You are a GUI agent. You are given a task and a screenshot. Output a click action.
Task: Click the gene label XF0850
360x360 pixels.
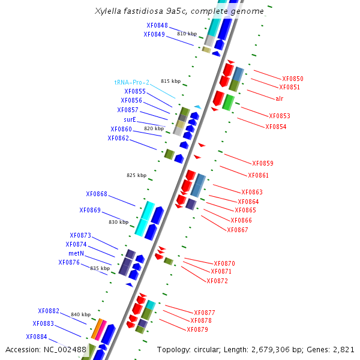[293, 79]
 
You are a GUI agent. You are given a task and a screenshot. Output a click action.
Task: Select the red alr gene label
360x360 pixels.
[280, 98]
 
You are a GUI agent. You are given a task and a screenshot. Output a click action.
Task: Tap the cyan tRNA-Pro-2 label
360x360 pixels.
[132, 82]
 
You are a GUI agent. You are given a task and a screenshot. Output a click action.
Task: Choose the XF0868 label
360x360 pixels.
[97, 194]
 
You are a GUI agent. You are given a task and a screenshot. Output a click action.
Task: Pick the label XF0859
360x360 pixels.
[263, 163]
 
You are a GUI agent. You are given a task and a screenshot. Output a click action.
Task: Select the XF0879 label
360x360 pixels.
[197, 329]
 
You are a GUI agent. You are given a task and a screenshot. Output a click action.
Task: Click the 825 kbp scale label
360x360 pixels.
[136, 175]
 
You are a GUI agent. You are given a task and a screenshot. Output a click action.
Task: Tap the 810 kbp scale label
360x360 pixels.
[187, 34]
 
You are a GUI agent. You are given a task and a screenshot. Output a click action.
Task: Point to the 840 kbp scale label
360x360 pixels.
[80, 314]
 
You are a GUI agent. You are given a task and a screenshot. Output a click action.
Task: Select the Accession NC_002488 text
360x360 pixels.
[46, 349]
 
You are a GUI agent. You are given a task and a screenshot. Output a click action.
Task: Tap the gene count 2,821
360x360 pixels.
[344, 349]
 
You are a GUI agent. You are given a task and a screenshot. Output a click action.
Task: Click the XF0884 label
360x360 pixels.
[37, 337]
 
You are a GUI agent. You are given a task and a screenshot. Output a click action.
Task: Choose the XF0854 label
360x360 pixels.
[276, 127]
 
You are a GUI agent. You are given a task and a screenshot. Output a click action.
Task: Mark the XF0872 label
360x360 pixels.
[217, 281]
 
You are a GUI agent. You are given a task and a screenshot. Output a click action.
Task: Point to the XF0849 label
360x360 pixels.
[154, 34]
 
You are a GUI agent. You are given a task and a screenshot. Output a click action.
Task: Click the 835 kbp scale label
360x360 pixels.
[100, 268]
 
